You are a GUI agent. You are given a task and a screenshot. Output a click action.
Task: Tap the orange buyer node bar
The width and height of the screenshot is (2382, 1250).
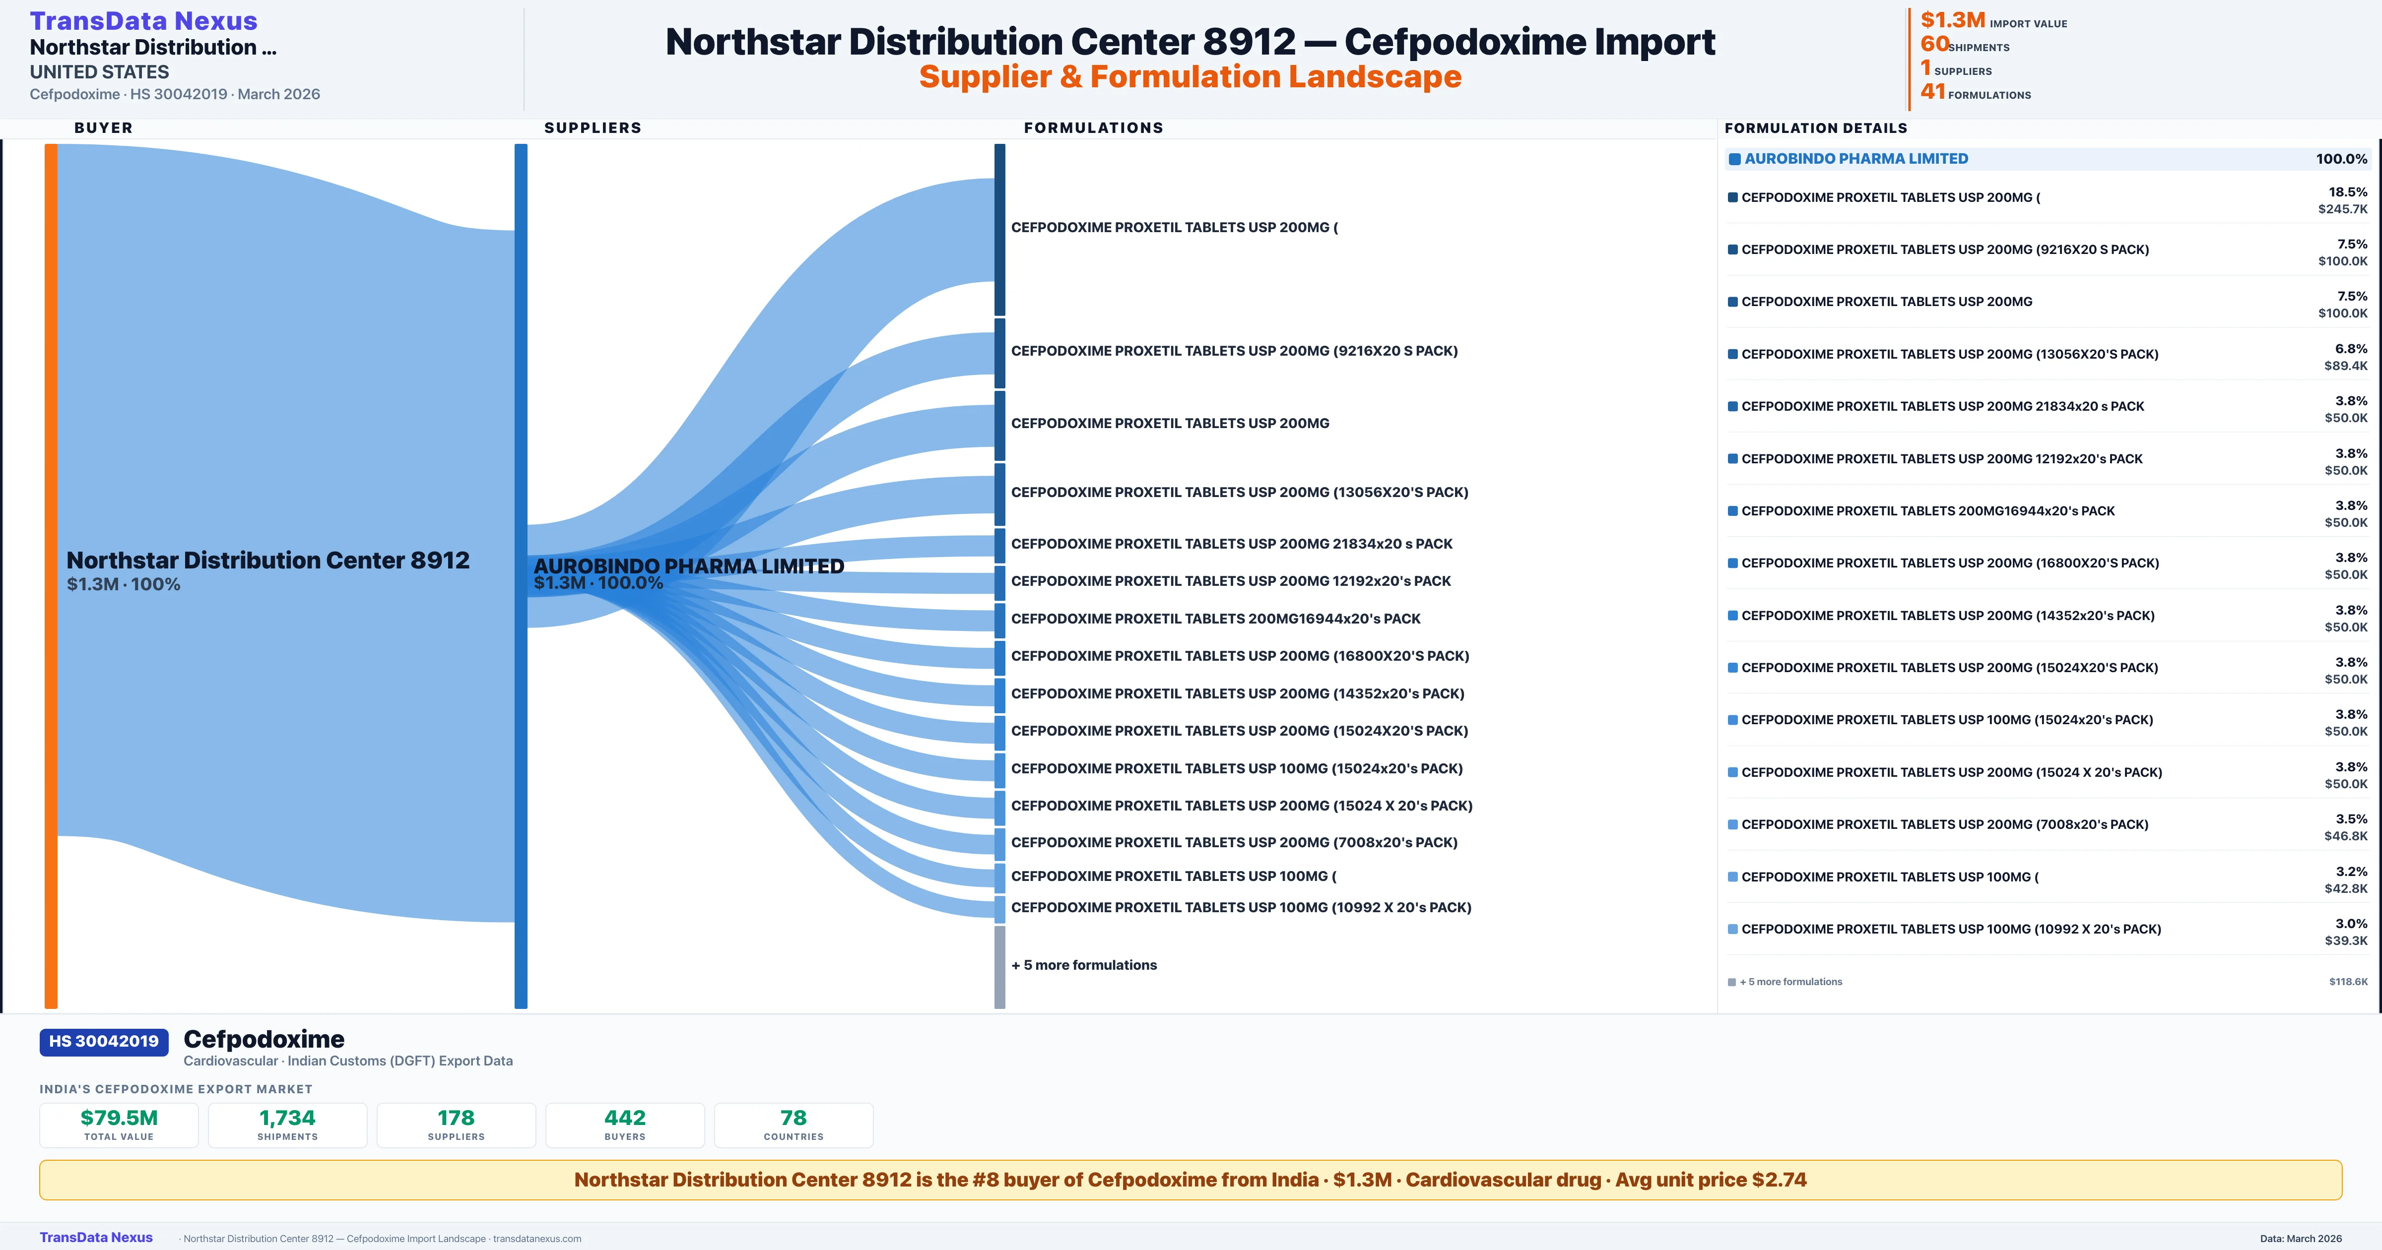point(51,573)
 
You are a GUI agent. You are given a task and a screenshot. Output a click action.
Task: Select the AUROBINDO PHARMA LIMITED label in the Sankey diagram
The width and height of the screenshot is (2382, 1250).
point(689,566)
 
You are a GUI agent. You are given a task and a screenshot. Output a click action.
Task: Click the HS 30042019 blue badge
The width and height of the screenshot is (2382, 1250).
point(104,1041)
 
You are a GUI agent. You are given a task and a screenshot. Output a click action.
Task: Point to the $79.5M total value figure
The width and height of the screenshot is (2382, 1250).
point(119,1118)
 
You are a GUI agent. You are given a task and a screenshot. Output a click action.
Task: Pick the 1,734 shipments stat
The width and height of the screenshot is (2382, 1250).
point(288,1118)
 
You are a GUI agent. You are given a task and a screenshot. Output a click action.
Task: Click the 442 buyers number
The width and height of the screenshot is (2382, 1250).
point(625,1118)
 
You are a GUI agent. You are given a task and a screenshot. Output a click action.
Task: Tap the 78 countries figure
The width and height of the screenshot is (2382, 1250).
point(794,1118)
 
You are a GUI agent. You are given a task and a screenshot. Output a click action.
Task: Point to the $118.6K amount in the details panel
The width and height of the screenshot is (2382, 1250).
point(2348,982)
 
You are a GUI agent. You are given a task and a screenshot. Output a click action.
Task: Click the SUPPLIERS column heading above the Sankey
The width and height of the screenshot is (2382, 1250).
point(593,127)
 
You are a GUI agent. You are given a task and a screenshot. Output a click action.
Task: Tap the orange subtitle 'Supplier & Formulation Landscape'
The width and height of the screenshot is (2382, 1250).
point(1190,77)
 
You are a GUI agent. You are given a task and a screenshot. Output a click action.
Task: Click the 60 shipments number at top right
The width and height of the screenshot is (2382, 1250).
point(1934,44)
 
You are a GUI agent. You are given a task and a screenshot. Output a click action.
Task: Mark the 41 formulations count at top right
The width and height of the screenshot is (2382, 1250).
point(1932,92)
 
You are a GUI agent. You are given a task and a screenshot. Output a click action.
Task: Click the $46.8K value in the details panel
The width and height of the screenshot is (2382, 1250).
point(2346,836)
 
